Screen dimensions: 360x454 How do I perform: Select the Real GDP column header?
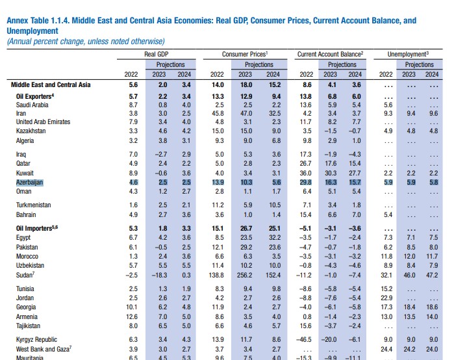point(157,55)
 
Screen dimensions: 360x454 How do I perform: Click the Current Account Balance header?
point(330,55)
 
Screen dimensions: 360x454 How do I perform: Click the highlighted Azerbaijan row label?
point(29,183)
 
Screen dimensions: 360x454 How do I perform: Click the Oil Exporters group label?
point(35,96)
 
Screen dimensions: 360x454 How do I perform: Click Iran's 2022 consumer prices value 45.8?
point(218,113)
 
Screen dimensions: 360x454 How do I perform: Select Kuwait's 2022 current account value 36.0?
point(305,175)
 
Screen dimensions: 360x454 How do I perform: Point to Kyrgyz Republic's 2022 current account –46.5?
point(304,340)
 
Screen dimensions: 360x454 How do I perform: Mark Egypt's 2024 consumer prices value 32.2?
point(275,238)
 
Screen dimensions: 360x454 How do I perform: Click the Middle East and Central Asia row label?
point(51,85)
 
